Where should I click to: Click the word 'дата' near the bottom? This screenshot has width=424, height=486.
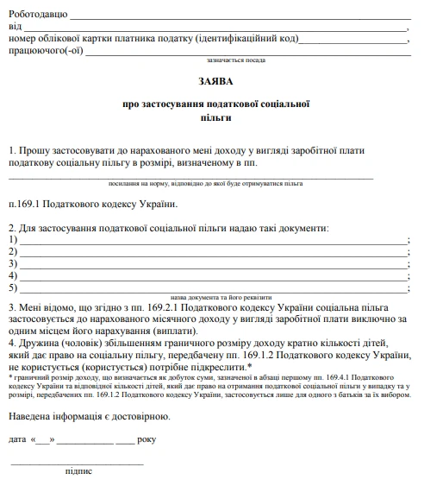point(19,439)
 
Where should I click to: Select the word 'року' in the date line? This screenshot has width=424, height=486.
point(149,439)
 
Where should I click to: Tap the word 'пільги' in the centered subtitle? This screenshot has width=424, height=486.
point(211,116)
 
